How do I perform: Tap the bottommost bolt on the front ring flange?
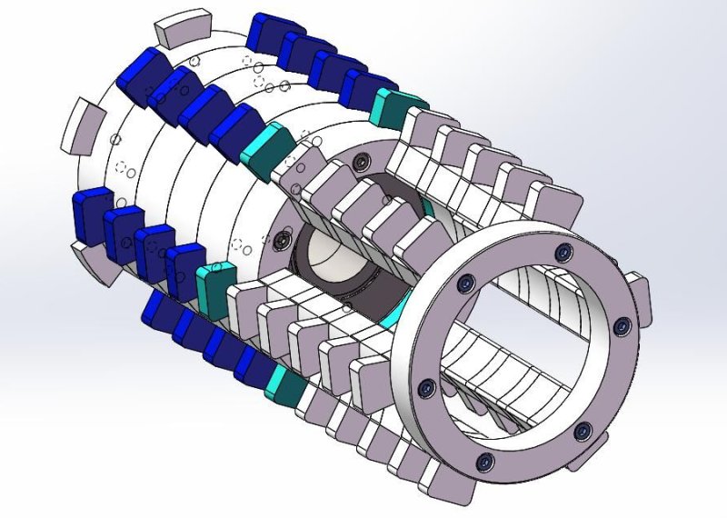pyautogui.click(x=485, y=461)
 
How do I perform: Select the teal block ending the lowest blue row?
pyautogui.click(x=284, y=385)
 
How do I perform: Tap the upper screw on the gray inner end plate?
pyautogui.click(x=362, y=162)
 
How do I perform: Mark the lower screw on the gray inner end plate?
pyautogui.click(x=284, y=241)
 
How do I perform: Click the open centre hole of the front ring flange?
pyautogui.click(x=527, y=364)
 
